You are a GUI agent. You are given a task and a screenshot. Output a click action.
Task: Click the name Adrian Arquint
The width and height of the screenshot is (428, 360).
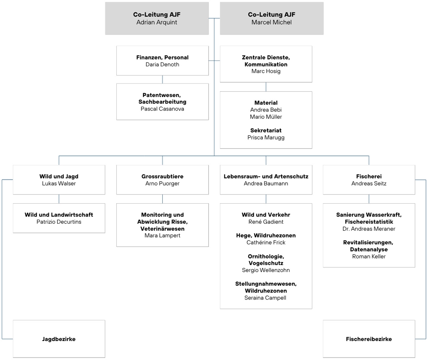coord(157,22)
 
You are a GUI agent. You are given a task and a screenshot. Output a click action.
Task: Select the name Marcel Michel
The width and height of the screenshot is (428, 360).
coord(271,22)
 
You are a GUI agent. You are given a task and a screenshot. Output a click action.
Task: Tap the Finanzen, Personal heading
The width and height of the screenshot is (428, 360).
coord(162,57)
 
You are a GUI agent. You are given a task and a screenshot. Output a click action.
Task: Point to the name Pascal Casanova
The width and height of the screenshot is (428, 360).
coord(162,109)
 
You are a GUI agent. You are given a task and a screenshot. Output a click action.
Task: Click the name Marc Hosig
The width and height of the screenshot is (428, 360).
coord(266,71)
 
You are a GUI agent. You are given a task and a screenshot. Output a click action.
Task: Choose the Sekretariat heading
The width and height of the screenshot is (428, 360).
coord(266,131)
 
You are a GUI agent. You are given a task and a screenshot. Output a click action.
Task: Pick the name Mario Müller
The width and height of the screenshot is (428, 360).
coord(266,117)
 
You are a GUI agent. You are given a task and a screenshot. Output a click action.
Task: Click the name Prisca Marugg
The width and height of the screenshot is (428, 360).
coord(266,137)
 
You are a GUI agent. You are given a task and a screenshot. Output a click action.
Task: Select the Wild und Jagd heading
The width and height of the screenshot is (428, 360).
coord(59,177)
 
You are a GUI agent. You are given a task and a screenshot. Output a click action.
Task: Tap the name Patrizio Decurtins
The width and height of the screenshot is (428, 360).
coord(59,222)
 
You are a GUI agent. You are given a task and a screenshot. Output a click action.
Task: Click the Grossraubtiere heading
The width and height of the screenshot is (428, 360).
coord(162,177)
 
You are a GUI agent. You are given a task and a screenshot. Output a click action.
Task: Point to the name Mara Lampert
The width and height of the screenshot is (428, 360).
coord(162,235)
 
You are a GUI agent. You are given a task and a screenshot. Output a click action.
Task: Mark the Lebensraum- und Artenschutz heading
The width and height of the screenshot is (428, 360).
coord(266,177)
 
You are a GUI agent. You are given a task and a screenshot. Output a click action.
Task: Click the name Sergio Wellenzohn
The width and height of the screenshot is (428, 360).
coord(266,270)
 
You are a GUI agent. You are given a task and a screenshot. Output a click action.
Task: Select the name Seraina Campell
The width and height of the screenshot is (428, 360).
coord(266,298)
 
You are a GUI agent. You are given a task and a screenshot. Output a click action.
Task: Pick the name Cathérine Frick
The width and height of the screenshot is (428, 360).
coord(266,243)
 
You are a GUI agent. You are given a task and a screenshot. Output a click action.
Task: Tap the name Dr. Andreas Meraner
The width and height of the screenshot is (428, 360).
coord(369,229)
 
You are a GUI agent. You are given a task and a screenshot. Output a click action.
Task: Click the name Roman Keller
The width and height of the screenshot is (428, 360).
coord(369,257)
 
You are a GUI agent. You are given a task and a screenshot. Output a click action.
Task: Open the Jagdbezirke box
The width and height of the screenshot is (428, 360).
coord(59,339)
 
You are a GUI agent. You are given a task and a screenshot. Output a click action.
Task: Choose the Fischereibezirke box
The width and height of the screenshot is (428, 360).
coord(369,339)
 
